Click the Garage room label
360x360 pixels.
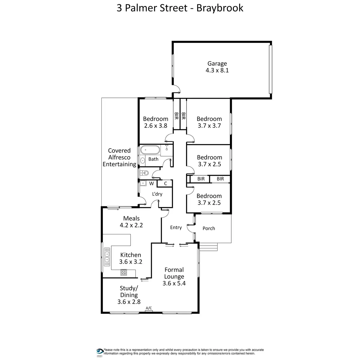[217, 64]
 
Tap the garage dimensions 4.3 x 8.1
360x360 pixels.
[217, 70]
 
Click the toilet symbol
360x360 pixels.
[145, 173]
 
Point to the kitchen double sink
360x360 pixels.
[106, 257]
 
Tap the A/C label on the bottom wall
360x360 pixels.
[149, 308]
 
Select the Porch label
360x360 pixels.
[209, 228]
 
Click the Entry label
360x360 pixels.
[176, 227]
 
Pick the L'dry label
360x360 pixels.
[157, 194]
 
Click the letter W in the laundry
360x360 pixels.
[151, 183]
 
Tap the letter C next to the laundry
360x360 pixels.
[165, 183]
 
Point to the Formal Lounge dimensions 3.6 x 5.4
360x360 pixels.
[174, 283]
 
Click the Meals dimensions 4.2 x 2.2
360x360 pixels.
[131, 225]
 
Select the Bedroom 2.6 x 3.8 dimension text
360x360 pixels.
[155, 126]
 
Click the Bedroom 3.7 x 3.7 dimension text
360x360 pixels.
[209, 126]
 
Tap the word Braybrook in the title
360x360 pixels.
[220, 8]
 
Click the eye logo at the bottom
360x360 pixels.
[100, 351]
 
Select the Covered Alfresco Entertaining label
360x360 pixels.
[119, 157]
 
